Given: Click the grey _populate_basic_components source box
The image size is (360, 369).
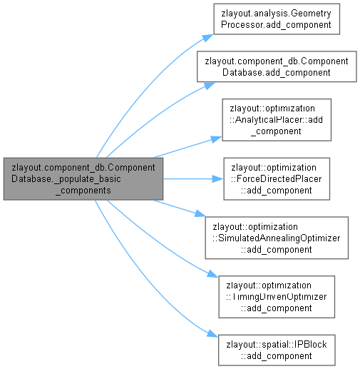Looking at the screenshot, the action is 83,178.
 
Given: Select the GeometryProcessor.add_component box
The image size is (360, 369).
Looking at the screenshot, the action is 277,19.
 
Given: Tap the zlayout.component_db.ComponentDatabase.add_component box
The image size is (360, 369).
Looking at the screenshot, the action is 277,66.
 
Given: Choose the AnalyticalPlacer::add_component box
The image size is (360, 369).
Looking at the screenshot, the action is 277,120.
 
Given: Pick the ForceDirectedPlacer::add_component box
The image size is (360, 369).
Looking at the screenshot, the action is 277,178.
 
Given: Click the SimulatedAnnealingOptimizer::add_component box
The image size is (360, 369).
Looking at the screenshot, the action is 277,238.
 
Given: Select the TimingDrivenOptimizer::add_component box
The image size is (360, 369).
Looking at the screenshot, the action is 277,297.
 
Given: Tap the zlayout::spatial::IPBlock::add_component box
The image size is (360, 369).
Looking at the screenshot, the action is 277,350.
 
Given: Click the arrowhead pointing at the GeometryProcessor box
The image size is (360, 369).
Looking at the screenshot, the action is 208,38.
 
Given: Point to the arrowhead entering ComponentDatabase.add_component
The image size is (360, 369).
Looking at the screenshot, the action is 210,86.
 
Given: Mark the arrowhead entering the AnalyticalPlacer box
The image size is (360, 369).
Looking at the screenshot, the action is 217,139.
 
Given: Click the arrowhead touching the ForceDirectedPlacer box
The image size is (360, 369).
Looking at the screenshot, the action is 218,179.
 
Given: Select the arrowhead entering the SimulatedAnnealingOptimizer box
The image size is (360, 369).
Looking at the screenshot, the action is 200,213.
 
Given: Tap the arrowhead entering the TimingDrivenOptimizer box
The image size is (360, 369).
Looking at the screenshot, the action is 212,274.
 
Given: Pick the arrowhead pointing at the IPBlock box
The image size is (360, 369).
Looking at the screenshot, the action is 212,333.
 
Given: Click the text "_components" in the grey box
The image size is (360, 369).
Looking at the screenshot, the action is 83,191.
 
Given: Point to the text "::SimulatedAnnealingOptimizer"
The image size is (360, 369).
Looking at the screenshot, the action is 277,238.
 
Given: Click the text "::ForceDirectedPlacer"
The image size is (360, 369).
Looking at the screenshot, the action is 277,178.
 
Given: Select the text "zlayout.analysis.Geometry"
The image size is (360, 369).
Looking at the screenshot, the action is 276,14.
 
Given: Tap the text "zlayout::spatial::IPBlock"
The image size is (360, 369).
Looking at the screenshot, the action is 277,345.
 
